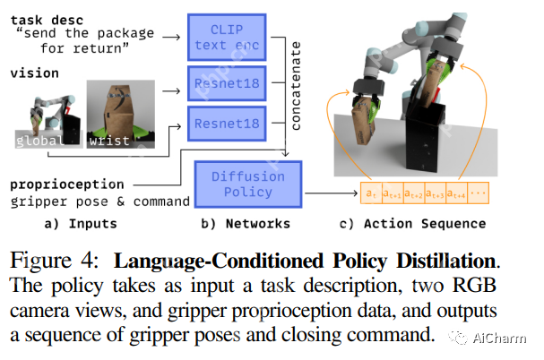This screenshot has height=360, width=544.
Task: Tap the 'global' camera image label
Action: click(x=39, y=140)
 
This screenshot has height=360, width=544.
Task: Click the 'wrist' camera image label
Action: click(x=108, y=140)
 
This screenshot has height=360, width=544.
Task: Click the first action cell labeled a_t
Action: click(x=369, y=193)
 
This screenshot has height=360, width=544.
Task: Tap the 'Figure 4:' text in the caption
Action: click(x=56, y=261)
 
